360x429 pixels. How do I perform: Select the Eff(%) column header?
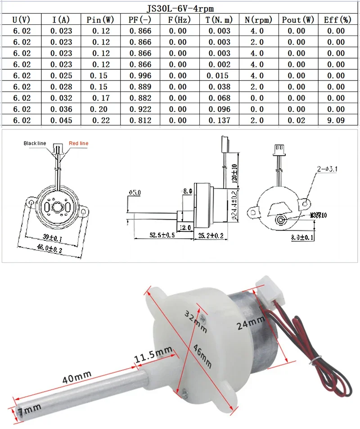(337, 20)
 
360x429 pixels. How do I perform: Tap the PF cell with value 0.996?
(140, 76)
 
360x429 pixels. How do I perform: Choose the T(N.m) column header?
(219, 20)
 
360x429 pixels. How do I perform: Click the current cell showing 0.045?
(61, 120)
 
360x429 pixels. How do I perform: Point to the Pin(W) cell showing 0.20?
(101, 109)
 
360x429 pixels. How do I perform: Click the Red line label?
(78, 143)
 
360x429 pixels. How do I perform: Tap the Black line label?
(35, 143)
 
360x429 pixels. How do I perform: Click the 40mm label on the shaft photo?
(78, 373)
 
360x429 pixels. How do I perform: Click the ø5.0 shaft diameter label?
(135, 193)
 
